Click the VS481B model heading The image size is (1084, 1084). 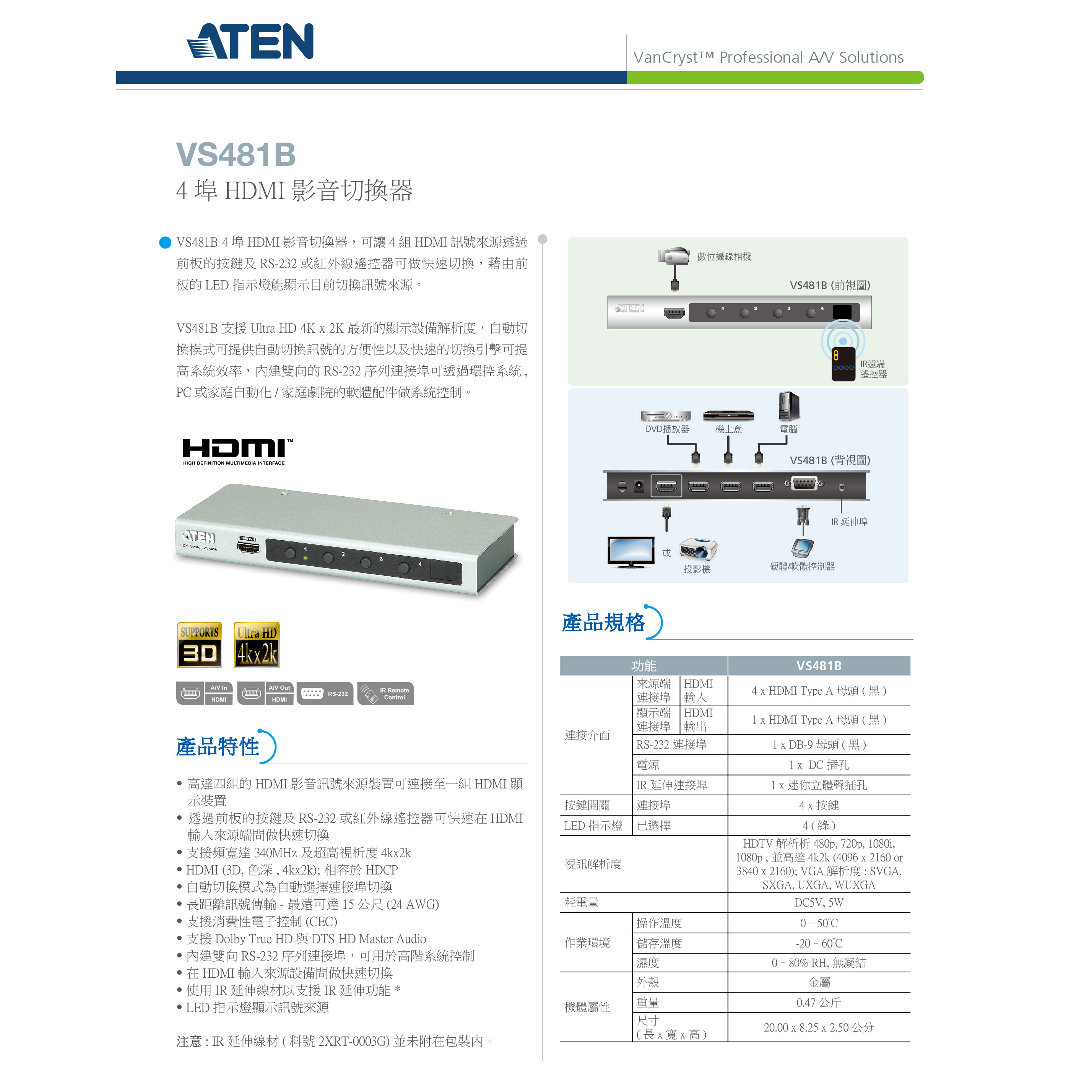point(236,154)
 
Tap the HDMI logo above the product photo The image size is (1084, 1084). point(237,451)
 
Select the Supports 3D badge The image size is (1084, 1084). point(200,645)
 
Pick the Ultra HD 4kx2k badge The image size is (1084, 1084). point(257,645)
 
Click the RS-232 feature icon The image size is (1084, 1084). point(325,694)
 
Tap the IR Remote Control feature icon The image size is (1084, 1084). point(385,694)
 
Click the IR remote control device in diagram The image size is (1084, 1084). point(843,364)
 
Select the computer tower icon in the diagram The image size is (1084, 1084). point(788,406)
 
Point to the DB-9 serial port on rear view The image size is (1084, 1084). point(804,483)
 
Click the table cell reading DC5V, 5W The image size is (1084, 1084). point(819,903)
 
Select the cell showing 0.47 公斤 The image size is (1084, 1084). point(819,1003)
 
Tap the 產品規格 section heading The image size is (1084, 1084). point(604,623)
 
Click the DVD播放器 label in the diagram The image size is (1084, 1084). point(667,429)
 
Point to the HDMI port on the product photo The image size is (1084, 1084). point(249,547)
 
